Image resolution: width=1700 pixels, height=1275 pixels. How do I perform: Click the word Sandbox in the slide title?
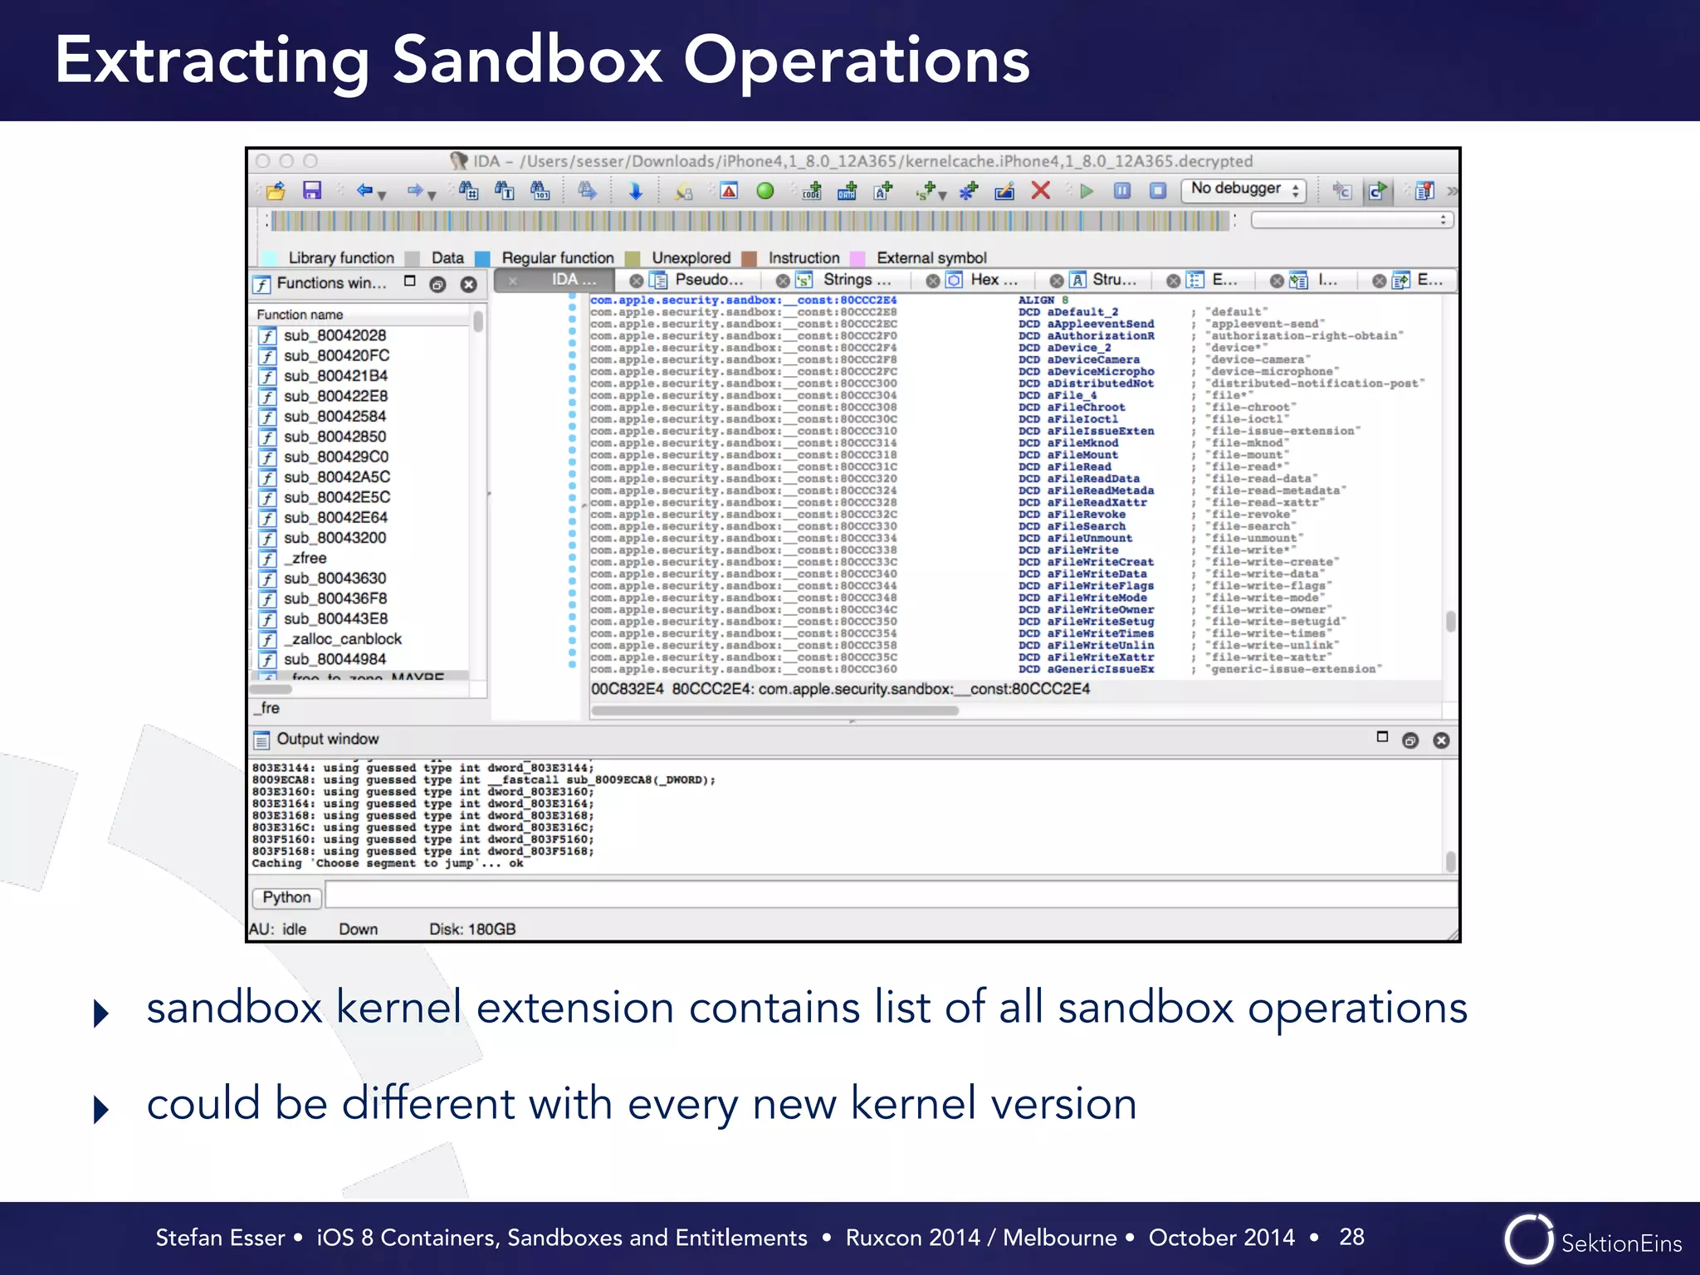tap(526, 61)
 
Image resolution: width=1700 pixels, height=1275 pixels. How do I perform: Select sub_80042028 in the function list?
tap(335, 335)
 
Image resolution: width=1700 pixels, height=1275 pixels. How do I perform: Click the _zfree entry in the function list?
tap(308, 559)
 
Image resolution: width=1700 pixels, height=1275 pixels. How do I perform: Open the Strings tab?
tap(855, 281)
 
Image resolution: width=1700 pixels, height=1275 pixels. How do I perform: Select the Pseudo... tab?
tap(707, 281)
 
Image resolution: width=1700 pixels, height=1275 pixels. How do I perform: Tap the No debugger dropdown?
tap(1243, 190)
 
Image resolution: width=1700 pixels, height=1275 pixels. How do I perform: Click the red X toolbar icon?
tap(1040, 191)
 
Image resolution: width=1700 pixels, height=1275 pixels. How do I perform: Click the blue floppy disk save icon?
tap(311, 191)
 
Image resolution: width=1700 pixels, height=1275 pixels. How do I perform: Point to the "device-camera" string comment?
tap(1258, 360)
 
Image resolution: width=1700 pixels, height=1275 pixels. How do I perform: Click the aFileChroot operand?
tap(1086, 408)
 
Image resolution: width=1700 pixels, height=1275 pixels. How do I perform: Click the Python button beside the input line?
tap(286, 897)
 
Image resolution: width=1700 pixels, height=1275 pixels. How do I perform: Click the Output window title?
tap(327, 740)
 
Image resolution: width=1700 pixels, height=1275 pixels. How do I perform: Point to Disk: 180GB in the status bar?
tap(471, 930)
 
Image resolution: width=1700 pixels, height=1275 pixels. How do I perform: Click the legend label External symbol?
tap(931, 258)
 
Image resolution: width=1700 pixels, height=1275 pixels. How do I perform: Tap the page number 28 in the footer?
tap(1351, 1238)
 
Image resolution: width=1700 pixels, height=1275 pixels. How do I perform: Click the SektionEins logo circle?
tap(1528, 1240)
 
